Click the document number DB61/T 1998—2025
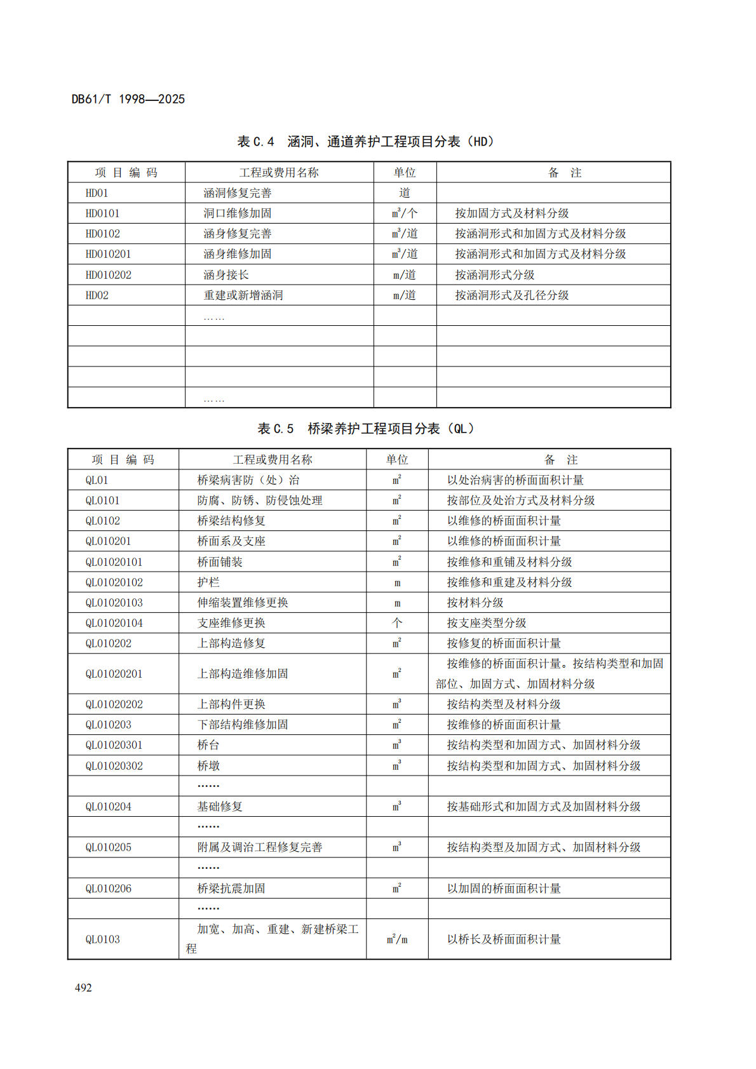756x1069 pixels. point(128,99)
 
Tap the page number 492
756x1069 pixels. point(83,988)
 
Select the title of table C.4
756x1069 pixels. point(365,142)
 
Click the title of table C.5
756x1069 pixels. point(365,429)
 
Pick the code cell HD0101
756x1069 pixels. point(102,213)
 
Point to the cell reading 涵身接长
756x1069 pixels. point(226,275)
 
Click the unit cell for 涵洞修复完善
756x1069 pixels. point(405,193)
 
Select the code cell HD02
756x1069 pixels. point(97,295)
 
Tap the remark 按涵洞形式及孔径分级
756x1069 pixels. point(511,295)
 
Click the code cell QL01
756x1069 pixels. point(97,480)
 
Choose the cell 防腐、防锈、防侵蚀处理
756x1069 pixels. point(260,501)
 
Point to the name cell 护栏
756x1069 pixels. point(208,582)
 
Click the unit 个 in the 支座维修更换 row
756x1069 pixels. point(397,623)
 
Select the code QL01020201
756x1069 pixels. point(114,674)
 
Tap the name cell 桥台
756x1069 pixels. point(208,745)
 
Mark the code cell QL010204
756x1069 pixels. point(109,807)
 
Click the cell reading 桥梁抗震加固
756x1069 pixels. point(231,889)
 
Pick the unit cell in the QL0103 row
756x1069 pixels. point(397,939)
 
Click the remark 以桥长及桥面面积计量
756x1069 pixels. point(504,939)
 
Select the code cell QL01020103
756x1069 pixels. point(114,603)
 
